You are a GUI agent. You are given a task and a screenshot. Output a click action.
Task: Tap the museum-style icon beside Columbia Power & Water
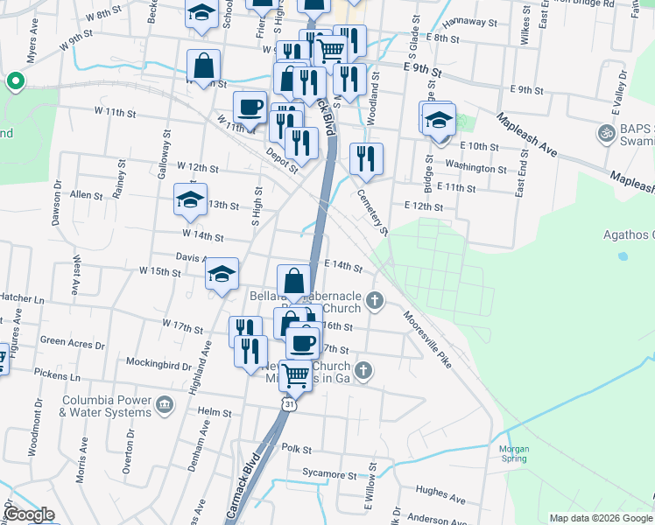(x=165, y=405)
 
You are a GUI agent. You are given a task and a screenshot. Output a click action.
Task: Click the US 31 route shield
(x=289, y=404)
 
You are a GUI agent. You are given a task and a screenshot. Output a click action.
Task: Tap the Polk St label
(x=297, y=448)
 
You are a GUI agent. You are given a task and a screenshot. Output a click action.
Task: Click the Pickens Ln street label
(x=61, y=377)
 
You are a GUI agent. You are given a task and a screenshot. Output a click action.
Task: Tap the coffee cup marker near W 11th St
(x=250, y=107)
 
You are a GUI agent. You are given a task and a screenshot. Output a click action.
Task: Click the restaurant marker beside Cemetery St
(x=365, y=159)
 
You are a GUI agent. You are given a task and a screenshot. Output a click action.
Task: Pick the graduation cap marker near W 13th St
(x=190, y=200)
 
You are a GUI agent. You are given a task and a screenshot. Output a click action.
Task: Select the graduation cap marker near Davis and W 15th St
(x=222, y=274)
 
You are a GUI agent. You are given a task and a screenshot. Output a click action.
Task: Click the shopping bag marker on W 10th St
(x=203, y=66)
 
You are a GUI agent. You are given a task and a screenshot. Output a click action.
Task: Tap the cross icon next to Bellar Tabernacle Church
(x=375, y=301)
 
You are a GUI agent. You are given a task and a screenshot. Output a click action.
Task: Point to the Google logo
(x=28, y=515)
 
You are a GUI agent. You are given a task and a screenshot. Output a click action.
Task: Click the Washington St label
(x=476, y=167)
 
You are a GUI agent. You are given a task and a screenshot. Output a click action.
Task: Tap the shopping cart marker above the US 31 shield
(x=297, y=374)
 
